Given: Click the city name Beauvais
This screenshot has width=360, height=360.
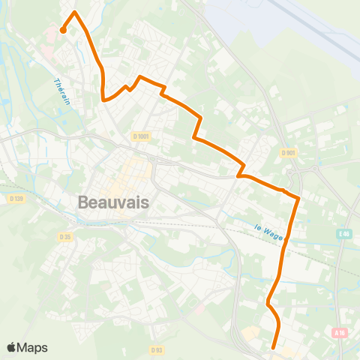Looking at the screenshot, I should point(113,202).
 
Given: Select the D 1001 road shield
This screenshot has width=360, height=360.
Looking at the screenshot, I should point(141,136).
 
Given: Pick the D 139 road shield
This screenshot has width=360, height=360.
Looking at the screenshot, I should point(16,198).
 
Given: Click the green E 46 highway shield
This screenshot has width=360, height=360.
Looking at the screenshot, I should point(343,234).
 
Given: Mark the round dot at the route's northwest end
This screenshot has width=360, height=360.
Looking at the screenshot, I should point(62,31).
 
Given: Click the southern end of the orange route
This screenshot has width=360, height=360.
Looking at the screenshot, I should point(272,347).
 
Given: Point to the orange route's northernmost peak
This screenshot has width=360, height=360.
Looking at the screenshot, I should point(74,13).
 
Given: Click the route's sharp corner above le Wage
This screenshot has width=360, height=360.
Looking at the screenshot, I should point(298,199).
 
